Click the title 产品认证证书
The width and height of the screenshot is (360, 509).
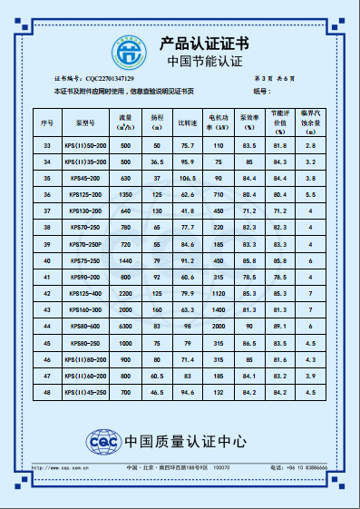[203, 44]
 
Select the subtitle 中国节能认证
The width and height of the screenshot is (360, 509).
[206, 61]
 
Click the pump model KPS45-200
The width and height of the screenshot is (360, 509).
[85, 178]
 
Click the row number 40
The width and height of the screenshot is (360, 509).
[47, 260]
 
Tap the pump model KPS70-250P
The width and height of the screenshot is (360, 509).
[85, 244]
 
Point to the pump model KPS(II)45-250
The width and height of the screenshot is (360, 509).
[85, 392]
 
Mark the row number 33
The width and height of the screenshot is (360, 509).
[47, 145]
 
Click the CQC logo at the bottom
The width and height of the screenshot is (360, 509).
[102, 442]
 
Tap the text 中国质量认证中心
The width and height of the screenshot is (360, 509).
[185, 442]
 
